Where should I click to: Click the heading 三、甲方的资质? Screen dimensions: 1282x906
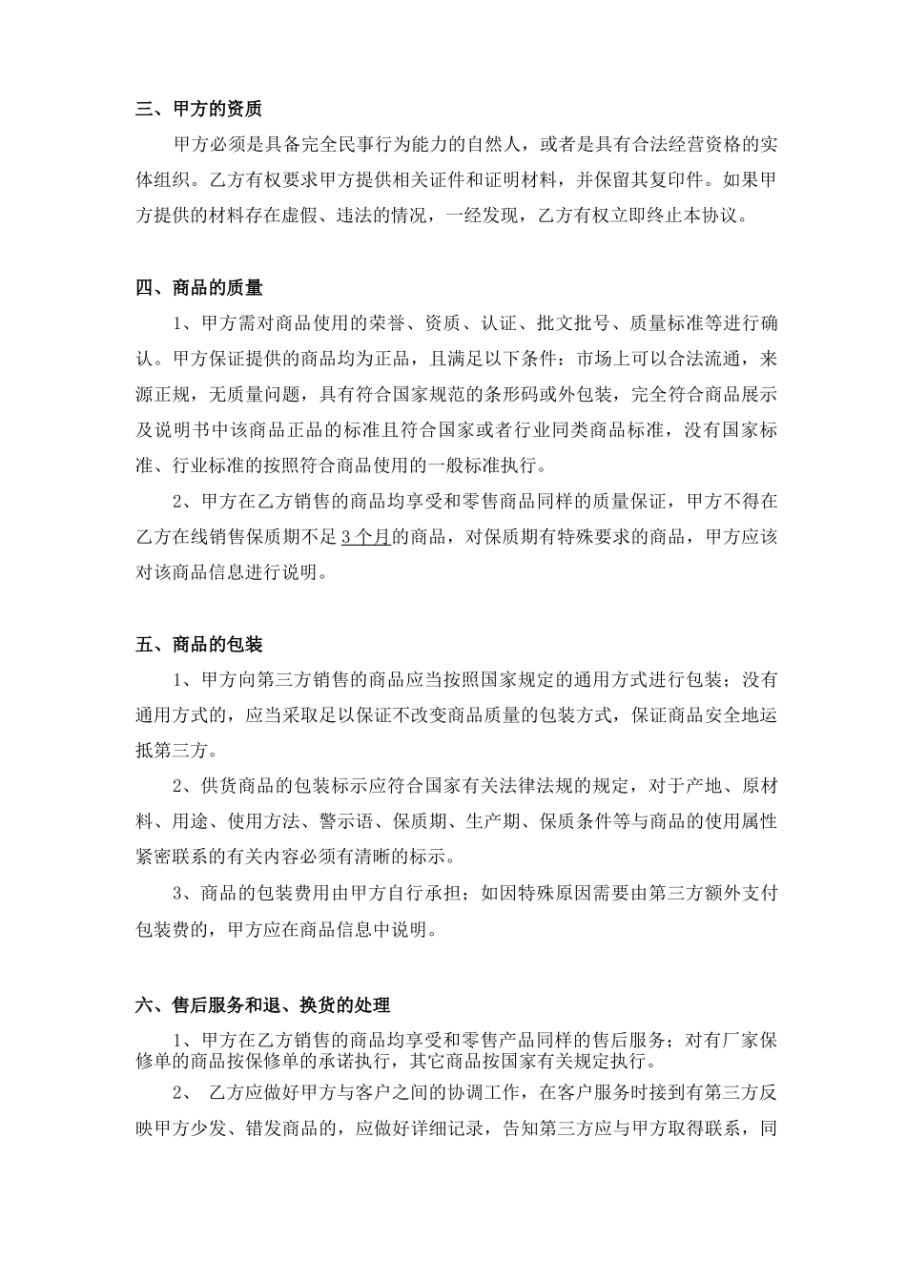[x=198, y=109]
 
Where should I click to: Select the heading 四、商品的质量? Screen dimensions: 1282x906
[x=198, y=287]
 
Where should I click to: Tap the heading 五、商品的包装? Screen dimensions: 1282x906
[x=198, y=645]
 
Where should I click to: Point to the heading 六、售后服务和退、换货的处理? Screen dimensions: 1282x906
[x=262, y=1004]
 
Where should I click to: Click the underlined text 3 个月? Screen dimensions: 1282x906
[x=365, y=537]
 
